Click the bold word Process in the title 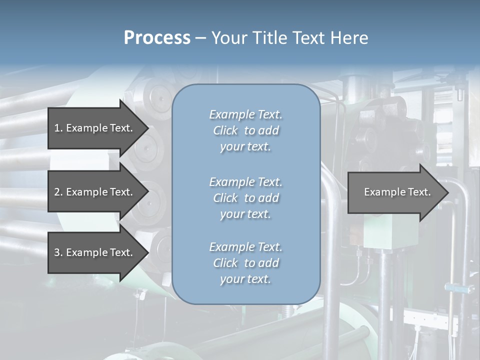(157, 38)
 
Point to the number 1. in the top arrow (58, 128)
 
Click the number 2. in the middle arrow (58, 192)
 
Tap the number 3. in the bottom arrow (58, 252)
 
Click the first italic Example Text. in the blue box (245, 114)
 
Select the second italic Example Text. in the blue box (245, 181)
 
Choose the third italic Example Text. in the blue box (245, 247)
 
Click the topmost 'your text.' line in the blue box (245, 147)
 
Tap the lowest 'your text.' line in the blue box (245, 279)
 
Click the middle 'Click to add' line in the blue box (245, 198)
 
